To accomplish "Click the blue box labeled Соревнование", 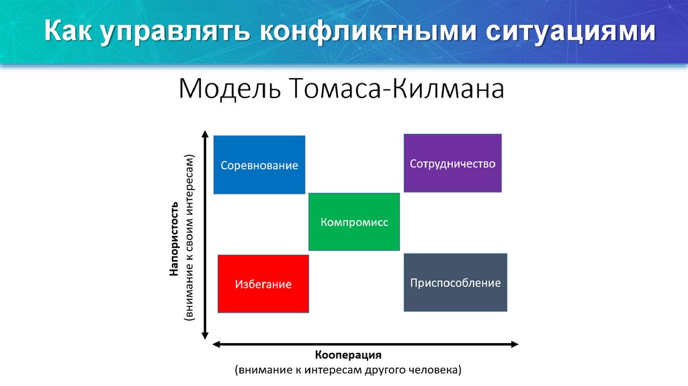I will click(259, 165).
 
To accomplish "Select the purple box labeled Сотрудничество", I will click(452, 163).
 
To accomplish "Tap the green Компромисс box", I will click(354, 222).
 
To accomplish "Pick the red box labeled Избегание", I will click(263, 284).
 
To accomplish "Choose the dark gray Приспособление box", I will click(455, 282).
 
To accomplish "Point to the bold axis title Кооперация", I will click(348, 354).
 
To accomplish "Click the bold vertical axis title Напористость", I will click(173, 238).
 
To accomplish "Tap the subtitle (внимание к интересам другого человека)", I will click(348, 370).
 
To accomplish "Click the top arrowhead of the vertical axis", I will click(205, 135).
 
